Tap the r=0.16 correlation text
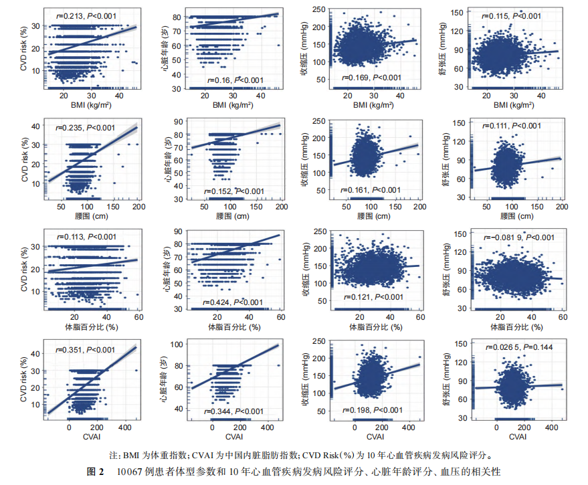click(225, 80)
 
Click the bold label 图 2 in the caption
click(95, 471)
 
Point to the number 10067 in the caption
click(122, 471)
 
